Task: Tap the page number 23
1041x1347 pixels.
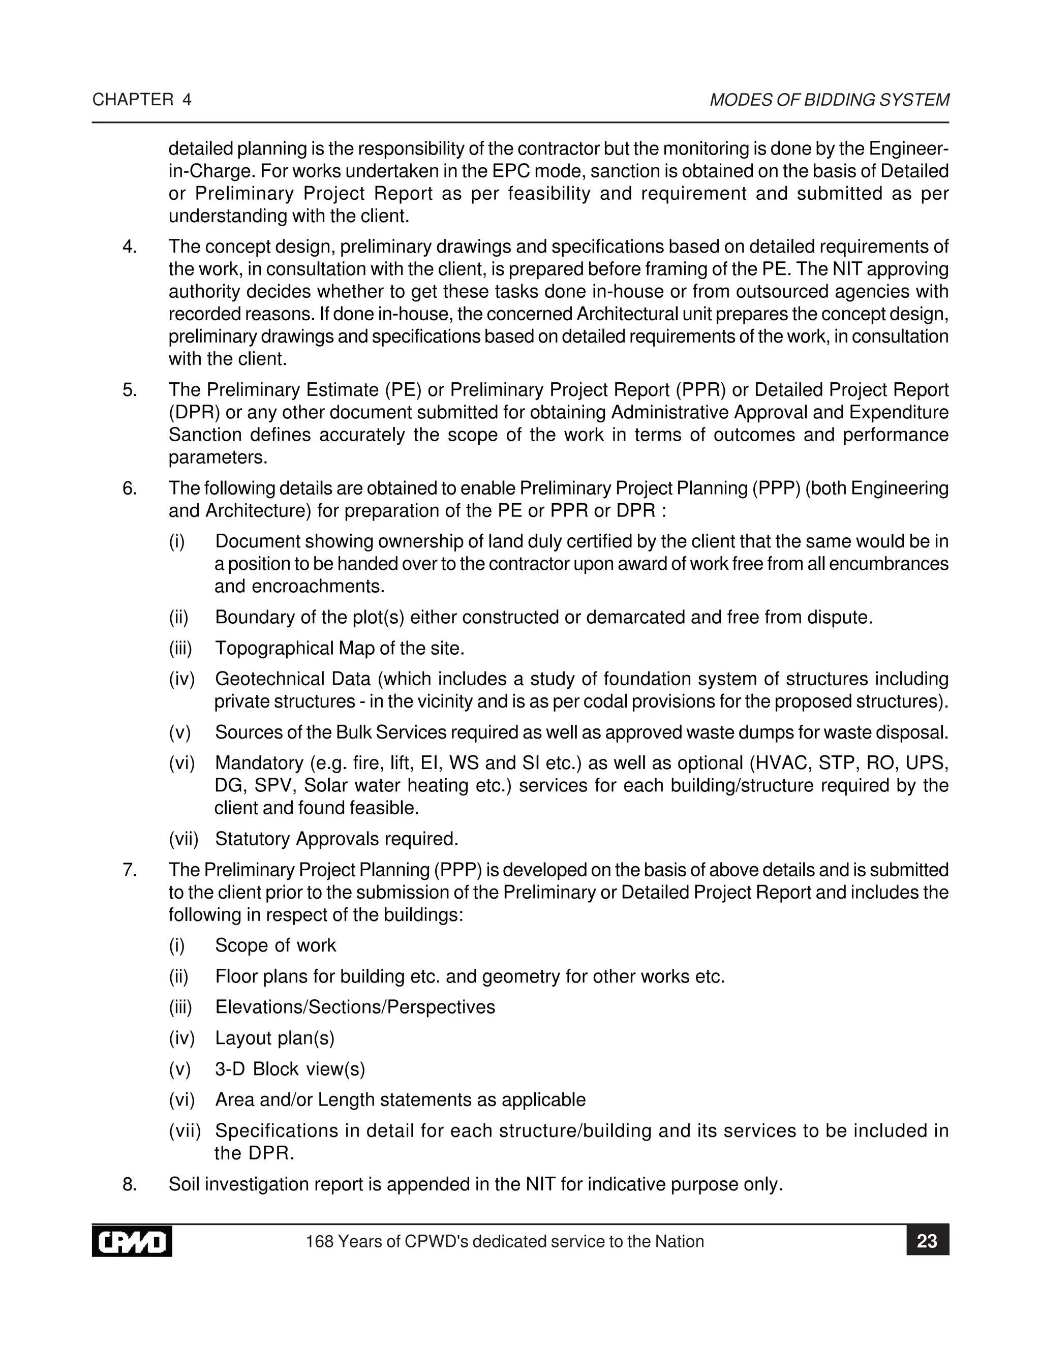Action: pos(927,1241)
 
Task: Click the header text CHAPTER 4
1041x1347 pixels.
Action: pos(142,100)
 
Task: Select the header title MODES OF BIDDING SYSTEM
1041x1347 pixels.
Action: pos(829,100)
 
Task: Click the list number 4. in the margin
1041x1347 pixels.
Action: pos(130,247)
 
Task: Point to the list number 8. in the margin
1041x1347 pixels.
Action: pos(130,1185)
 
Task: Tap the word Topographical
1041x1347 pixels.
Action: pos(274,648)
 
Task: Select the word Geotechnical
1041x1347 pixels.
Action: pos(269,679)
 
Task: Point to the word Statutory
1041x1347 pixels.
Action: pos(253,839)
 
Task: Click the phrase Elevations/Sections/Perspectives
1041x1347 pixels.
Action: pos(355,1007)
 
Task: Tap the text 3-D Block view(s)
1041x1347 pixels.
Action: pos(290,1069)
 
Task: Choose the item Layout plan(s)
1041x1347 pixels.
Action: pos(274,1038)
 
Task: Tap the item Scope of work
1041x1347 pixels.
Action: pos(275,945)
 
